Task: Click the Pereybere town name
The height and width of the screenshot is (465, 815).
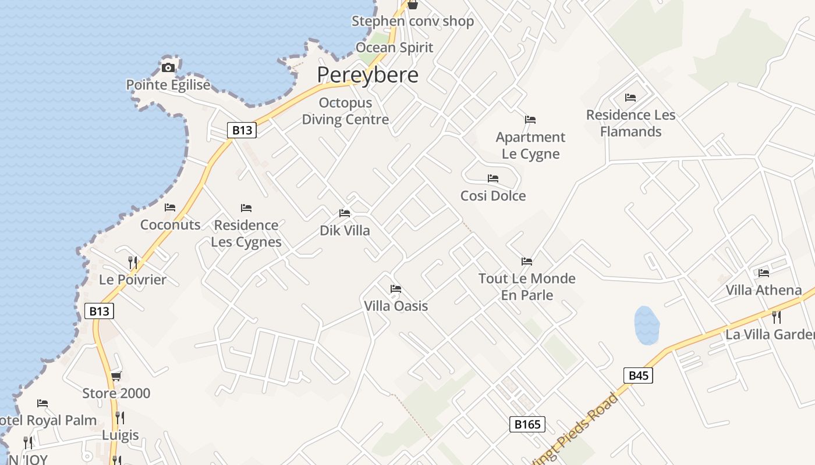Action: coord(367,75)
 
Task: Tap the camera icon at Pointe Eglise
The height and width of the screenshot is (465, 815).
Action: coord(168,67)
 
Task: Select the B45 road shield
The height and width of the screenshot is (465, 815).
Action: coord(639,375)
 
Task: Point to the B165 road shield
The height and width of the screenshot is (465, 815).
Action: coord(527,424)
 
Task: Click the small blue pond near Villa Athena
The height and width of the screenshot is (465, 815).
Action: coord(646,325)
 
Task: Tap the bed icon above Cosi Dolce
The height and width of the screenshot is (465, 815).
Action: coord(493,178)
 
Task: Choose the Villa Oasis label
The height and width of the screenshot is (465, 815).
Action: coord(396,306)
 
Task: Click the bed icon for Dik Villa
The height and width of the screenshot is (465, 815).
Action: coord(345,213)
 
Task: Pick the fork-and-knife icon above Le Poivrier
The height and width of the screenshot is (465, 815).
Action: coord(133,263)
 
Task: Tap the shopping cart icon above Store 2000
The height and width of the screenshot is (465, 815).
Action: coord(116,377)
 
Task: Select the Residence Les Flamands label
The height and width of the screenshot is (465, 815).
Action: coord(631,123)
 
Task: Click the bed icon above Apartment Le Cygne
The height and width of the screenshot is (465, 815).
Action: coord(530,120)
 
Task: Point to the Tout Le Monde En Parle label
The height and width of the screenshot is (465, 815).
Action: coord(527,287)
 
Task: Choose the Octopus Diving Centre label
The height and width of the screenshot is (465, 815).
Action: coord(345,111)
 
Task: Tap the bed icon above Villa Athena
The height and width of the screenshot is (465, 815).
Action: coord(764,273)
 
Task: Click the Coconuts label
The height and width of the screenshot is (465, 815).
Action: coord(170,225)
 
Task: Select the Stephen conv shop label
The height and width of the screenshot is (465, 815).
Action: coord(413,22)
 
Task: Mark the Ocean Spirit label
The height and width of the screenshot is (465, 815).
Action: coord(394,48)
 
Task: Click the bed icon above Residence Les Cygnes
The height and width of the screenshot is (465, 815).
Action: coord(246,208)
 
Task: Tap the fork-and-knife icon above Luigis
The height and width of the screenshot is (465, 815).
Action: coord(120,418)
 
